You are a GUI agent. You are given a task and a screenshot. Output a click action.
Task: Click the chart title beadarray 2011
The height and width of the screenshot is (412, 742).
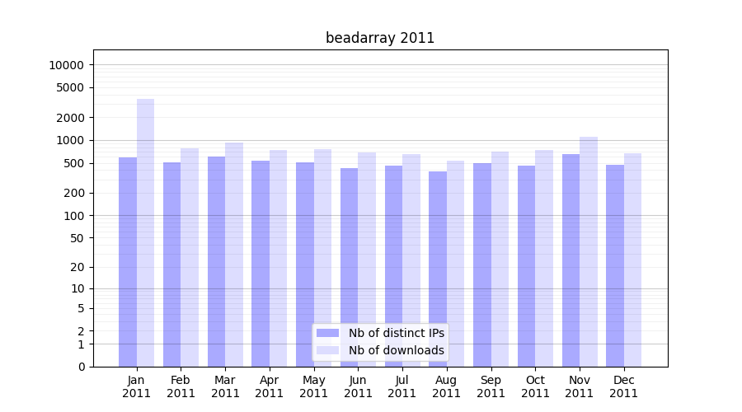[x=380, y=38]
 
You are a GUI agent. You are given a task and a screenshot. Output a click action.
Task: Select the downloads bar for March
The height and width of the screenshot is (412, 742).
[x=234, y=255]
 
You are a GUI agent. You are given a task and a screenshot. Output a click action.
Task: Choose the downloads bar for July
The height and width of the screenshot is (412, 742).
[x=411, y=260]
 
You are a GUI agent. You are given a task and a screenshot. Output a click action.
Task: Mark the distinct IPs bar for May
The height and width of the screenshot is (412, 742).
[x=305, y=265]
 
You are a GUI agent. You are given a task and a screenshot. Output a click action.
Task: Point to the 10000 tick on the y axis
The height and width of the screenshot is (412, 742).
[x=66, y=65]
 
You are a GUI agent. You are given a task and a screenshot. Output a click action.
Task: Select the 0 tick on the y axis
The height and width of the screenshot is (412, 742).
[x=81, y=367]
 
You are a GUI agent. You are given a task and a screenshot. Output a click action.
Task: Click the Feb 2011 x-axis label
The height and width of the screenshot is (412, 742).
[x=181, y=386]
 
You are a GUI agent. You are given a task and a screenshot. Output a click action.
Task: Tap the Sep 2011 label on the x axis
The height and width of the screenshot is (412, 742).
[x=491, y=386]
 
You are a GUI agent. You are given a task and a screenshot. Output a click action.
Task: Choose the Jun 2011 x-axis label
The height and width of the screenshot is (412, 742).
[x=358, y=386]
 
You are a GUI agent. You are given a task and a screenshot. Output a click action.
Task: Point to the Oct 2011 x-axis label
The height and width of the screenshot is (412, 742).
[x=535, y=386]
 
